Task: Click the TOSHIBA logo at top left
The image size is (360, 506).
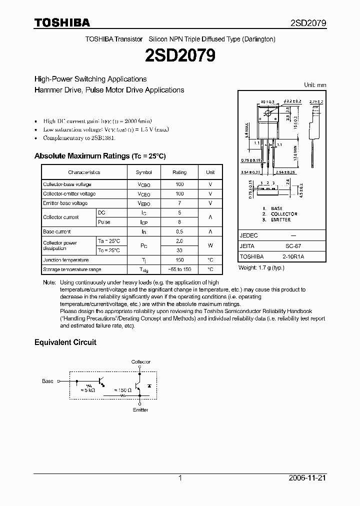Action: (62, 22)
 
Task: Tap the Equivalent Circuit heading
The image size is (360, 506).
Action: (65, 342)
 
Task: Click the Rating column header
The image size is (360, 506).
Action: (179, 172)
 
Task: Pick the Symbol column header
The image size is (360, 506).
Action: (144, 172)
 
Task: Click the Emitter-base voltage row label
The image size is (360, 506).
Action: (65, 203)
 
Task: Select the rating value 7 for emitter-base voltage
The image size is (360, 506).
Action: (179, 203)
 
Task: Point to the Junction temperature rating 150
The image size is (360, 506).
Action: (179, 260)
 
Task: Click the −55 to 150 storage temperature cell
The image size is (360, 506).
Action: (179, 269)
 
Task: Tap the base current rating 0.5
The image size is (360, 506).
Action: (179, 231)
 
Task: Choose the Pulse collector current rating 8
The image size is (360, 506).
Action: (179, 222)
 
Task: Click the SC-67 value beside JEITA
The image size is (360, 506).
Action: (293, 246)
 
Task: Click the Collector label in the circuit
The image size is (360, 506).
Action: (140, 361)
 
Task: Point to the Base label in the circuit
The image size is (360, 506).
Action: (47, 381)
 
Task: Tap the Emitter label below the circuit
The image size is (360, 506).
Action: (140, 410)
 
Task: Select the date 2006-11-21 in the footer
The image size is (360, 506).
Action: (309, 478)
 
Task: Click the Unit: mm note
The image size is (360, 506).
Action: (315, 85)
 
